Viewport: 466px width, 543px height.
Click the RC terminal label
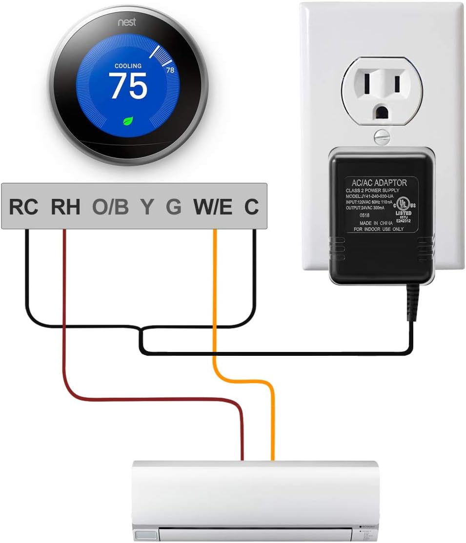(x=23, y=207)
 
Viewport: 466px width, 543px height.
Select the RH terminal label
(x=65, y=207)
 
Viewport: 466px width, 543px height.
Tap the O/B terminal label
(x=110, y=207)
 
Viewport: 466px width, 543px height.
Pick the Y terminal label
(x=146, y=207)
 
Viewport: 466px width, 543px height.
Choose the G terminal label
(x=173, y=207)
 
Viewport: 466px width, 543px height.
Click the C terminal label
(x=251, y=207)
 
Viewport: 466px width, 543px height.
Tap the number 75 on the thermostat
(x=128, y=86)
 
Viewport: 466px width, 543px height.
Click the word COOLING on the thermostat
(x=128, y=66)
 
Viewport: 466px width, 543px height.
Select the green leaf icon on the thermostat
(x=128, y=121)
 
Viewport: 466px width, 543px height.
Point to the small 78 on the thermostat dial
(x=170, y=70)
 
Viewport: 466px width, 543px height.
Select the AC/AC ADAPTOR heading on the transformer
(x=376, y=182)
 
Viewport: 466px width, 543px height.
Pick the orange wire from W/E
(x=215, y=302)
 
